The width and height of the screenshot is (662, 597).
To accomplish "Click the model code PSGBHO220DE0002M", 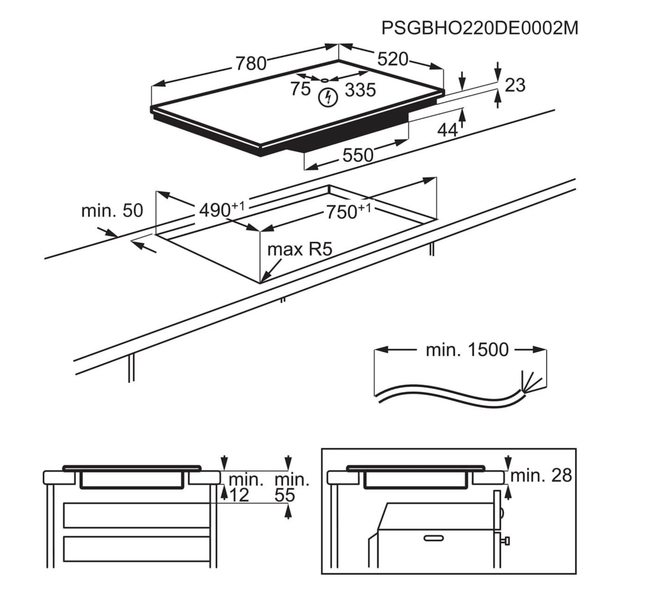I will [479, 28].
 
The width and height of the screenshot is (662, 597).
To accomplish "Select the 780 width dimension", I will [251, 63].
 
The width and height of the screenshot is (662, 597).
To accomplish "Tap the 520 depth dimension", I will [393, 59].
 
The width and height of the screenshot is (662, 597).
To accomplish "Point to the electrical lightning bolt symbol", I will [328, 98].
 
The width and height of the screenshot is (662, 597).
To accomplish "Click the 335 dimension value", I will [360, 90].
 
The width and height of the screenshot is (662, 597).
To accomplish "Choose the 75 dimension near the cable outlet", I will [300, 89].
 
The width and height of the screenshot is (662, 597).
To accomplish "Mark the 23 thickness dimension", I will [515, 85].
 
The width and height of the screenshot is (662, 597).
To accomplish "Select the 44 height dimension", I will [447, 130].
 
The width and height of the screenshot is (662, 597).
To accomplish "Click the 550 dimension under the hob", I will [358, 155].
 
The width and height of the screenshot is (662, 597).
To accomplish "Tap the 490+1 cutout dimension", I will [221, 210].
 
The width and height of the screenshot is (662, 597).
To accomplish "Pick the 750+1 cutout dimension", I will [348, 211].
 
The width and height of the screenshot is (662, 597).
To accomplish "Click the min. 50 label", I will [112, 211].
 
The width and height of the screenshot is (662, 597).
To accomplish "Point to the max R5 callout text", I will [299, 250].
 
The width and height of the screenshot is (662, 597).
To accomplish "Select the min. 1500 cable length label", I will [467, 350].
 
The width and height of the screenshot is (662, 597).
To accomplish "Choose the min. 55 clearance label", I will [291, 488].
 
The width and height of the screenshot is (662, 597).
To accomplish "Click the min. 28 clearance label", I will [541, 476].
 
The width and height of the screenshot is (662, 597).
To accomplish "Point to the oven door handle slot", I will [433, 538].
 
